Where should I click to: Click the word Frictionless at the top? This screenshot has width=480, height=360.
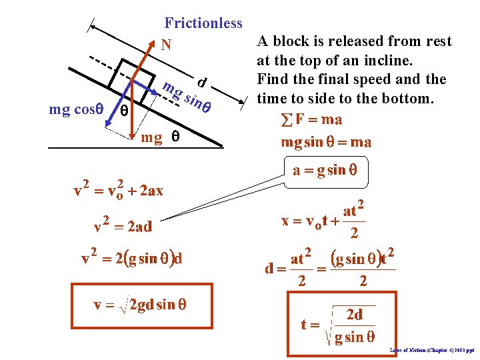203,23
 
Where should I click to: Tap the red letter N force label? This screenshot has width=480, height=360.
166,45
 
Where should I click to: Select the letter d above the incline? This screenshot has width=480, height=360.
201,83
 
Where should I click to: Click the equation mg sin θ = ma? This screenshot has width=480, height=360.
326,141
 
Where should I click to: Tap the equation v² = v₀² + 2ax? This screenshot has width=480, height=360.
119,189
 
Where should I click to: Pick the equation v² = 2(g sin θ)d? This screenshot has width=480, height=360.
132,258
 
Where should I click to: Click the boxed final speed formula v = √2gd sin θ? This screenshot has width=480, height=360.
140,305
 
